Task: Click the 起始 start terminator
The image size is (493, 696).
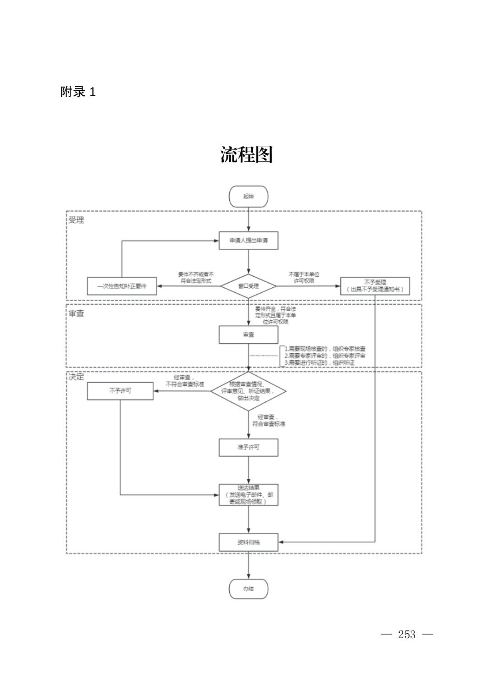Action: pyautogui.click(x=248, y=196)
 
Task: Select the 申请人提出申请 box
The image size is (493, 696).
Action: pyautogui.click(x=248, y=240)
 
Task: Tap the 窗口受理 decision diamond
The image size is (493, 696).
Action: pyautogui.click(x=248, y=286)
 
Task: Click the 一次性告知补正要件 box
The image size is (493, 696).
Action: pyautogui.click(x=122, y=286)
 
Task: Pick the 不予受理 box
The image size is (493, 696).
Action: pyautogui.click(x=375, y=286)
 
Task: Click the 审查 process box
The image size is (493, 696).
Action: pyautogui.click(x=248, y=334)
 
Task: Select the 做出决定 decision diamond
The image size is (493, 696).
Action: pyautogui.click(x=248, y=391)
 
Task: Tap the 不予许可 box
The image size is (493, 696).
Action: pyautogui.click(x=120, y=391)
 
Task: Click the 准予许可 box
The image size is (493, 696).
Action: pyautogui.click(x=248, y=447)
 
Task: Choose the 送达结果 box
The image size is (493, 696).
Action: pyautogui.click(x=248, y=495)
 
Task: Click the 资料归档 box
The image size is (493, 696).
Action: pyautogui.click(x=248, y=542)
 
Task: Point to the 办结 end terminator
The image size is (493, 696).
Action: pyautogui.click(x=248, y=589)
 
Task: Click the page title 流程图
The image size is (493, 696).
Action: pyautogui.click(x=246, y=155)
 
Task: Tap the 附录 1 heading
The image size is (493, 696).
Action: pyautogui.click(x=78, y=92)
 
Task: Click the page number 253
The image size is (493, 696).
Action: pyautogui.click(x=407, y=635)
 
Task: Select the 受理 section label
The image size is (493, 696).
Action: pyautogui.click(x=76, y=220)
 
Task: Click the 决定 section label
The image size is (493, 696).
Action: pyautogui.click(x=76, y=377)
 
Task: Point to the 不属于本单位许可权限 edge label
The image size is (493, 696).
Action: pyautogui.click(x=304, y=277)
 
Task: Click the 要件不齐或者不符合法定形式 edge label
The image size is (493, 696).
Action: pyautogui.click(x=196, y=278)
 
